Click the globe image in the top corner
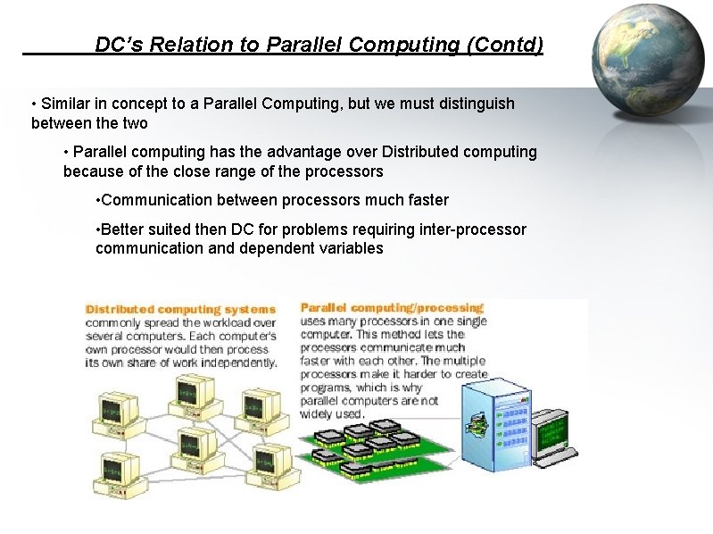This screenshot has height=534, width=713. (645, 60)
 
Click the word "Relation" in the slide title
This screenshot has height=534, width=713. (182, 45)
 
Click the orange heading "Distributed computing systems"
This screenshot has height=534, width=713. (180, 309)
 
